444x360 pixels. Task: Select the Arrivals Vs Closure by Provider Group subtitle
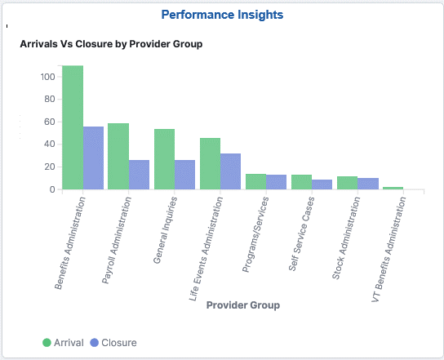(x=111, y=44)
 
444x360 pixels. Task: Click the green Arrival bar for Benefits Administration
(x=73, y=127)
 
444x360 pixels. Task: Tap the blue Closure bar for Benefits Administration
(x=94, y=158)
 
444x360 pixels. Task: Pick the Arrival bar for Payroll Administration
(x=118, y=156)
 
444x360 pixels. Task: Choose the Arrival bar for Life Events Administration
(x=210, y=163)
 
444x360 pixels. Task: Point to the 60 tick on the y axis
(x=49, y=122)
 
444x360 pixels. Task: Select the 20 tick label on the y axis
(x=49, y=167)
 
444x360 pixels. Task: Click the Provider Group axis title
(x=243, y=305)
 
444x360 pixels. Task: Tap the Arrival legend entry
(x=63, y=343)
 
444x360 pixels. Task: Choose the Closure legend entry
(x=113, y=343)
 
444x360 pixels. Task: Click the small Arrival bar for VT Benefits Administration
(x=393, y=188)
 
